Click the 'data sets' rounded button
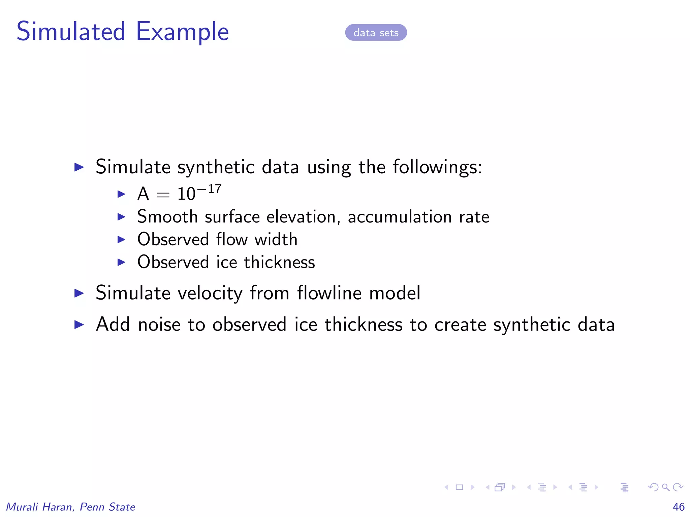tap(376, 33)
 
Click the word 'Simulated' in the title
tap(71, 31)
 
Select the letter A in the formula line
tap(143, 194)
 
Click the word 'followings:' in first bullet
tap(437, 167)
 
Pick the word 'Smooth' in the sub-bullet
tap(167, 216)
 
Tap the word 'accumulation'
tap(400, 217)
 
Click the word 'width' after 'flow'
tap(276, 239)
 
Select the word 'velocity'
tap(210, 293)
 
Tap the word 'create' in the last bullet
tap(460, 325)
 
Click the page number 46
tap(678, 507)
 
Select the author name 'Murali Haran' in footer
tap(39, 507)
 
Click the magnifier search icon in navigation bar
tap(665, 487)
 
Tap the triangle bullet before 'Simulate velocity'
tap(79, 293)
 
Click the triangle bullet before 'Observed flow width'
tap(121, 239)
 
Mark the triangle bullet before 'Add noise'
tap(79, 324)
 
